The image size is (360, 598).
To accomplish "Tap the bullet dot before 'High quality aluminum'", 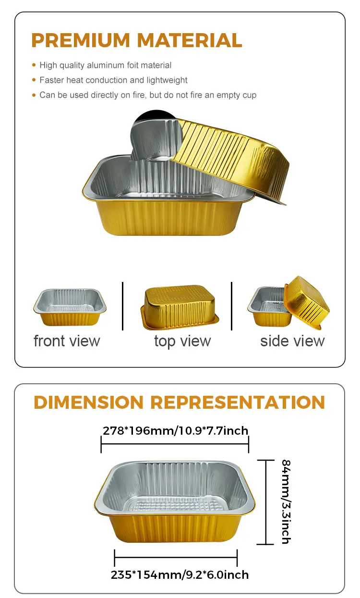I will (34, 65).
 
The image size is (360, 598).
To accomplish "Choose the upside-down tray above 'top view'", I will (180, 307).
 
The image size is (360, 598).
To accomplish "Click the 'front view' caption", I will (67, 341).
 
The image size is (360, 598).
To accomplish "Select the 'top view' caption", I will (182, 341).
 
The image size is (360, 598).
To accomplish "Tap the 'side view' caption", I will (292, 341).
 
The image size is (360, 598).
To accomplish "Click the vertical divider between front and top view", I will (123, 306).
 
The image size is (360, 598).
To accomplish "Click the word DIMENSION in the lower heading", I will (89, 403).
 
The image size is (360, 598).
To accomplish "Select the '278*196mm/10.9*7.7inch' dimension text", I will (176, 430).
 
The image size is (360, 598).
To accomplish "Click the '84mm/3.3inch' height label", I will (286, 501).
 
